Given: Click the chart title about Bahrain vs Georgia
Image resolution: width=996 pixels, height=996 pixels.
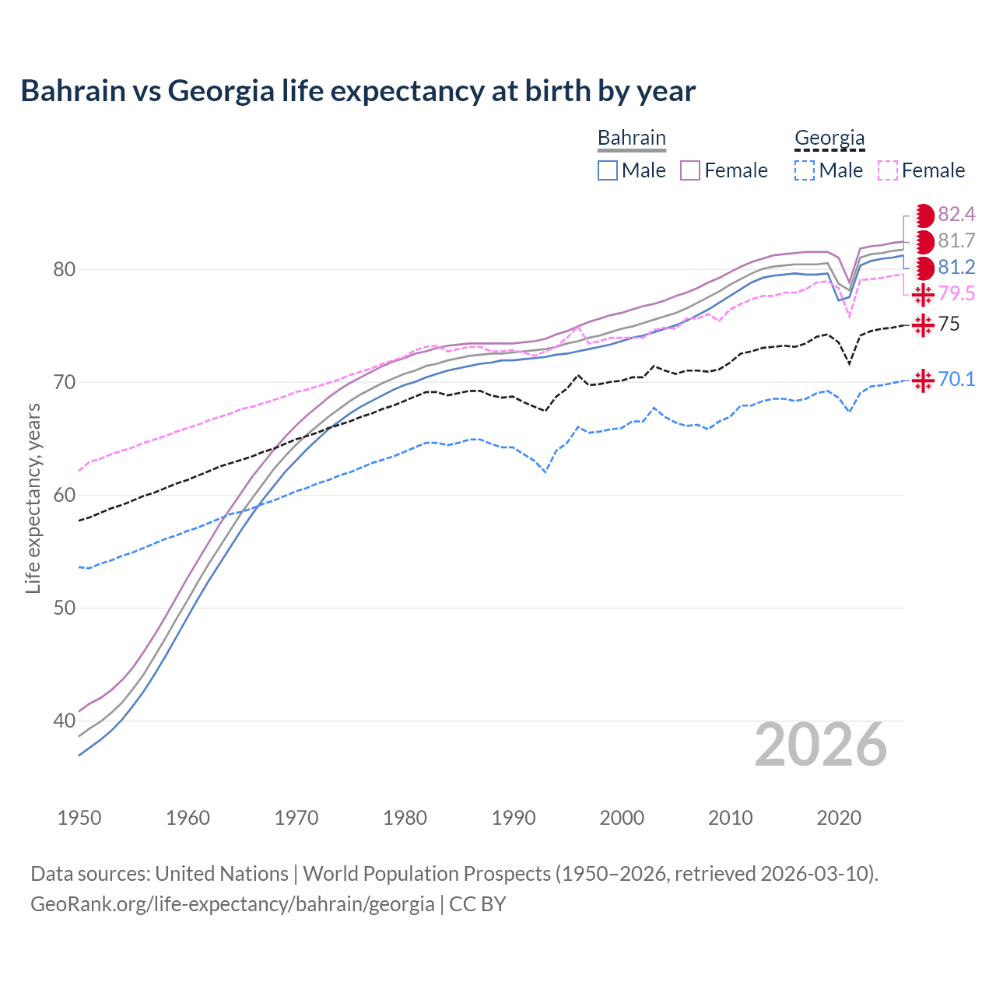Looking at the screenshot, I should coord(358,91).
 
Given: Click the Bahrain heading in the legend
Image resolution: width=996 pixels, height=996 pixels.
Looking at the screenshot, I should coord(631,138).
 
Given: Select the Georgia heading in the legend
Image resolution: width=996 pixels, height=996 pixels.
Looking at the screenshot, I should coord(829,138).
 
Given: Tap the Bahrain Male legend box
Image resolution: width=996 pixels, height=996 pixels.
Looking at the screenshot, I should coord(608,170).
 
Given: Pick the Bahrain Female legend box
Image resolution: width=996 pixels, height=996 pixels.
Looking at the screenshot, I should coord(691,170).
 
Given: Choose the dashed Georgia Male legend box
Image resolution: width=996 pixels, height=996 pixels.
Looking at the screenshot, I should coord(805,170).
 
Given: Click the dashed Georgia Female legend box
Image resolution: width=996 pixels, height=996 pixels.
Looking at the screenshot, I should coord(888,170).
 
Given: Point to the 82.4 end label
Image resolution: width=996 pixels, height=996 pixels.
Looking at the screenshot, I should coord(956,214).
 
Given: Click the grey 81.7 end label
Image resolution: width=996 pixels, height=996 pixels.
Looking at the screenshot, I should coord(956,240).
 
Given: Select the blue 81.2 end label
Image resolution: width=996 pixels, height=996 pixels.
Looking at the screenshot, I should coord(956,267).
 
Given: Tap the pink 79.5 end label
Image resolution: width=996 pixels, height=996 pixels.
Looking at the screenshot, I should coord(956,293).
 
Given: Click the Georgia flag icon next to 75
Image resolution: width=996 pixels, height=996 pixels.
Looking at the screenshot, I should coord(923,324).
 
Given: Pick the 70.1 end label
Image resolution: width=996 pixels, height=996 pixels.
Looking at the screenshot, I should coord(956,379).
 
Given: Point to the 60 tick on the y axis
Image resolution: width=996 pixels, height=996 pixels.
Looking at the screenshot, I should coord(65,495).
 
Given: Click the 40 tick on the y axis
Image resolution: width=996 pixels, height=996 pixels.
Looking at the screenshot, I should coord(65,721).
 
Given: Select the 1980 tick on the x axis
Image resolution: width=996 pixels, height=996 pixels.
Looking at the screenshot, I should coord(405,818).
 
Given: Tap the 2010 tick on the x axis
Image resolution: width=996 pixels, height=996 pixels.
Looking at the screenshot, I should coord(730,818).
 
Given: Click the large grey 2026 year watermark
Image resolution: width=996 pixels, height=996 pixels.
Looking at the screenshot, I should coord(820,745).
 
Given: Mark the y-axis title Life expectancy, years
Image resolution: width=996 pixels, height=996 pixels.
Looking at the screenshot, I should coord(33,498).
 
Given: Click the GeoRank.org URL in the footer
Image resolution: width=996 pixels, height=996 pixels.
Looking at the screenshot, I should coord(233,904).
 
